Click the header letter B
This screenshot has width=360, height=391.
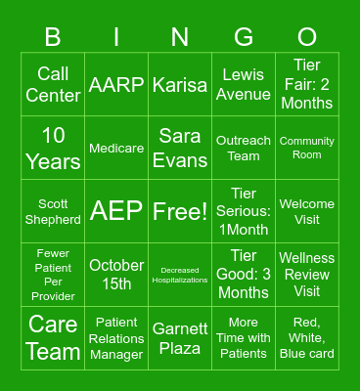(x=53, y=37)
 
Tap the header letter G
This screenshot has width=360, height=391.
(x=244, y=37)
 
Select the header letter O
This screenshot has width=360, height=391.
(x=307, y=37)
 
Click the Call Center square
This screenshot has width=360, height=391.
(x=53, y=84)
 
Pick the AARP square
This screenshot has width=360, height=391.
(x=116, y=84)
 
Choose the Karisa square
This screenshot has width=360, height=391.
(x=180, y=84)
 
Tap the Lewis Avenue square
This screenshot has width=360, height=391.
(x=244, y=84)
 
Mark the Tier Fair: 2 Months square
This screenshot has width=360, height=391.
(x=307, y=84)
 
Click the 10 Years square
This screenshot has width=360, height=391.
(x=53, y=148)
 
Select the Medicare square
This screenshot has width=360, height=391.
(x=116, y=148)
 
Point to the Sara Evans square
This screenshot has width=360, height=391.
(x=180, y=148)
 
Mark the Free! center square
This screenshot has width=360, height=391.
(x=180, y=211)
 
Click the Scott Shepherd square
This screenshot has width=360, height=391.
(x=53, y=211)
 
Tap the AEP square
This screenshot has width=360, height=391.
(x=116, y=211)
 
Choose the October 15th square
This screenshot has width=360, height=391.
(x=116, y=275)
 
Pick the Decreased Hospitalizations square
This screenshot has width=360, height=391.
(x=180, y=275)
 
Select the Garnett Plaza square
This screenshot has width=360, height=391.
(x=180, y=338)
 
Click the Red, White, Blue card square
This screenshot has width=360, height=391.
(x=307, y=338)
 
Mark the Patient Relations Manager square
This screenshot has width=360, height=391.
(x=116, y=338)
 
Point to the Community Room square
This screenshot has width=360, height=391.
(x=307, y=148)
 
